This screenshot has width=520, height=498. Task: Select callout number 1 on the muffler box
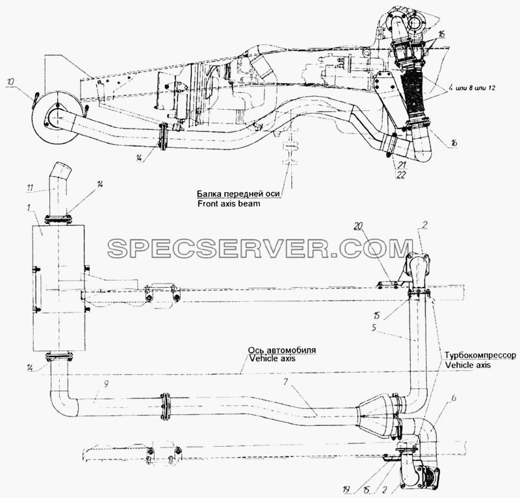(29, 208)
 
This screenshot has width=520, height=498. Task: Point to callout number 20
(366, 227)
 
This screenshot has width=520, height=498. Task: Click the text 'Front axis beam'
(229, 203)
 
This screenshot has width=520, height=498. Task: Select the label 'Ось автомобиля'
(282, 350)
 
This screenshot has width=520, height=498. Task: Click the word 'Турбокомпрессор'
(480, 355)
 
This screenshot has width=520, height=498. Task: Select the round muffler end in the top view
(57, 117)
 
